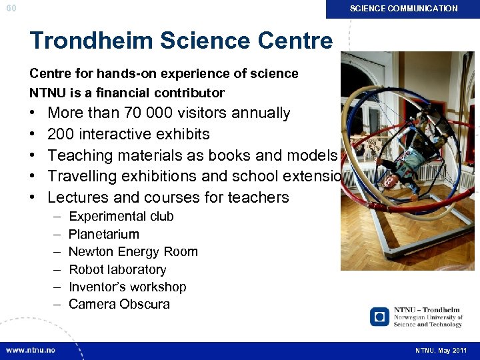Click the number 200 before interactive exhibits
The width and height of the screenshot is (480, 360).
pos(61,134)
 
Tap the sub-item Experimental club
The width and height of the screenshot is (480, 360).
pos(121,216)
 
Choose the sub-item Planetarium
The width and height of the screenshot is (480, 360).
pos(104,234)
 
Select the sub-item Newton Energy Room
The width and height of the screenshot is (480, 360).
pos(133,251)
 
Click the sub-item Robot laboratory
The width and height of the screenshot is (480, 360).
pos(117,269)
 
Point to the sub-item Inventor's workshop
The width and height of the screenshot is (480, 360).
pos(127,287)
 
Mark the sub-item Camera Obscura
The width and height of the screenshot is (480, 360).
pos(119,304)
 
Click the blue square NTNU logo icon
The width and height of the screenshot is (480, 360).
pos(379,316)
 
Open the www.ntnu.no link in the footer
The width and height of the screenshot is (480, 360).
pos(31,350)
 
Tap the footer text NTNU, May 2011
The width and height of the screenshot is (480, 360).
pos(441,350)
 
